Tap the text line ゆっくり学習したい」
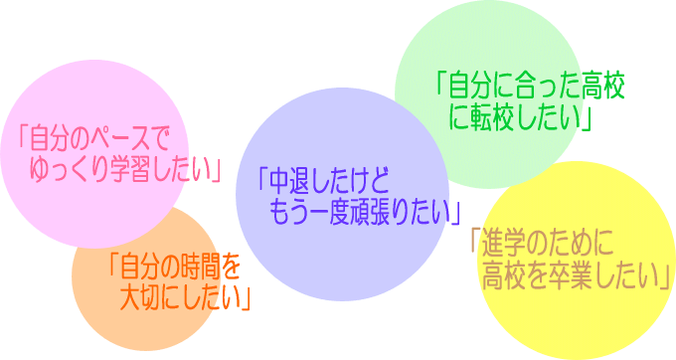click(x=125, y=166)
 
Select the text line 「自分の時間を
click(x=173, y=266)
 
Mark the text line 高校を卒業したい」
click(x=575, y=275)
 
